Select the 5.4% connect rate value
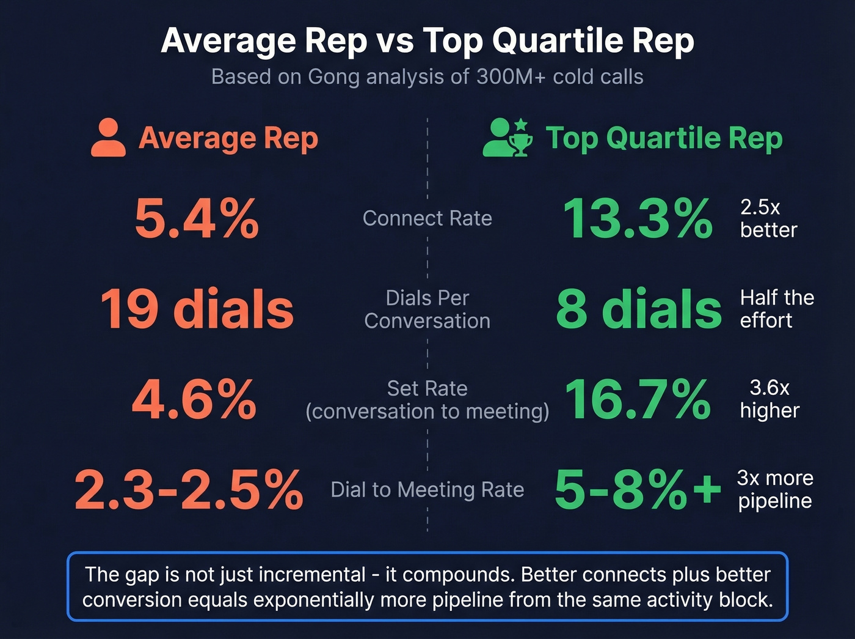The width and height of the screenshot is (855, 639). (x=197, y=219)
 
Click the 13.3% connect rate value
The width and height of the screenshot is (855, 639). (x=638, y=219)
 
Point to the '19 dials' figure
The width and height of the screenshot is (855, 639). (x=197, y=309)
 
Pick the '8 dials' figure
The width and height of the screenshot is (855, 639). (x=639, y=309)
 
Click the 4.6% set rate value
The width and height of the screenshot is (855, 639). (x=194, y=399)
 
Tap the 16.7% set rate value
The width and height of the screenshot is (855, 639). (x=638, y=399)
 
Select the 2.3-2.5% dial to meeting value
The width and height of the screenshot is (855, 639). (x=189, y=490)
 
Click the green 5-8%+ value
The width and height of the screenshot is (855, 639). (x=638, y=490)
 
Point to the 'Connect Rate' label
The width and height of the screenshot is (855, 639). (x=427, y=218)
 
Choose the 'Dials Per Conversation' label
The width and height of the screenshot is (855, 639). (x=427, y=309)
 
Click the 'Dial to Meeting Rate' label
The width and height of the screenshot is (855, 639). (x=427, y=490)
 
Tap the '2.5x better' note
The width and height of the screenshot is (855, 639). (x=768, y=218)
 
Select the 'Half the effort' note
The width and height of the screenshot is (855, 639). (x=776, y=309)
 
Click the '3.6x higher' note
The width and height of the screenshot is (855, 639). (x=770, y=399)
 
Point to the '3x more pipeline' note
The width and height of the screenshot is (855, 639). (x=775, y=489)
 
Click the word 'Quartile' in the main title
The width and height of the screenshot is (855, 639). (x=558, y=42)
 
